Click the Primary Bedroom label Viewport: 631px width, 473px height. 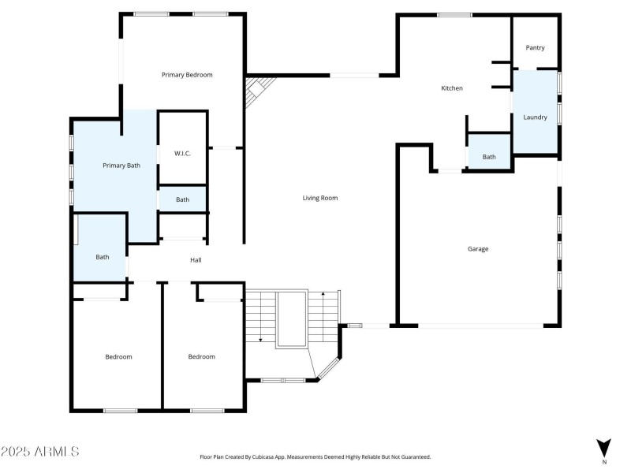187,75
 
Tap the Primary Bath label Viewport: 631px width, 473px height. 121,166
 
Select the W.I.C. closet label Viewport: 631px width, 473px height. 183,154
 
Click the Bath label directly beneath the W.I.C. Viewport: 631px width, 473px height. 182,199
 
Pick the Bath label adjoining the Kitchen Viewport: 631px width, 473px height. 489,157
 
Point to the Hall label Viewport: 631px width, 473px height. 196,259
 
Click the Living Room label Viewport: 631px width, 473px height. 320,198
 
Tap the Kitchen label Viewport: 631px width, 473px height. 451,88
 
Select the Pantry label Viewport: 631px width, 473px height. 535,47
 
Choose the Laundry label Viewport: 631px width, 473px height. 535,117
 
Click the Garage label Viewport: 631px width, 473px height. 478,248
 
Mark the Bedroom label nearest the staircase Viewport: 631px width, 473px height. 201,356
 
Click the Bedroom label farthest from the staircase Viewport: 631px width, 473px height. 119,356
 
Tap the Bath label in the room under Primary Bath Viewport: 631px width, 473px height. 103,256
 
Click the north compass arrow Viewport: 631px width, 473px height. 603,448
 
